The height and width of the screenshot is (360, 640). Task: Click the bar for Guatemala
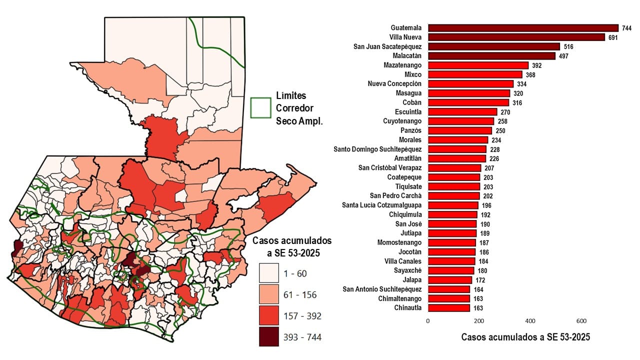(x=523, y=28)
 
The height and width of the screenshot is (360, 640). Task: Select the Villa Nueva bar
(x=516, y=37)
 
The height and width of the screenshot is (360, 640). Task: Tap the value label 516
(x=568, y=46)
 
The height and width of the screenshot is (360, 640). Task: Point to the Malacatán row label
(x=407, y=55)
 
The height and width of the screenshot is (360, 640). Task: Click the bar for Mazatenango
(x=478, y=65)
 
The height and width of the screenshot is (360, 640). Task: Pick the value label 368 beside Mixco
(x=530, y=74)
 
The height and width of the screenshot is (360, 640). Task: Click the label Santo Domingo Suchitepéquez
(x=377, y=149)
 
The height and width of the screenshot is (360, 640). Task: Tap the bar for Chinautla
(x=449, y=308)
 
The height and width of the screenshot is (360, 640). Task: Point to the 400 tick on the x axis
(x=530, y=320)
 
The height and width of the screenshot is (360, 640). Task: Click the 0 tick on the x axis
(x=428, y=320)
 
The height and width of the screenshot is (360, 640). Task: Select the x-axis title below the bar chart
(x=525, y=337)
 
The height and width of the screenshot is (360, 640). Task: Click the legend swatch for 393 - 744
(x=268, y=337)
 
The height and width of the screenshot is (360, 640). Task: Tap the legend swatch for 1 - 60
(x=268, y=273)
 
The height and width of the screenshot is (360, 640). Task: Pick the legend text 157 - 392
(x=301, y=316)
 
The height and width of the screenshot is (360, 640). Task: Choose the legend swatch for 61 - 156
(x=268, y=294)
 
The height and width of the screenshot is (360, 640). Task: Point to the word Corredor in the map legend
(x=294, y=108)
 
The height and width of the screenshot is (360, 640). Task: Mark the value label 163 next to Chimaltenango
(x=477, y=299)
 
